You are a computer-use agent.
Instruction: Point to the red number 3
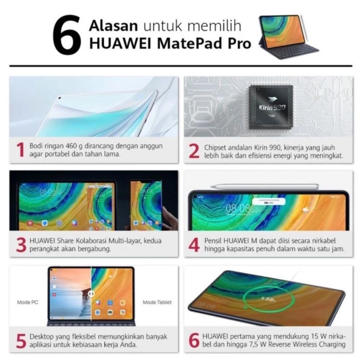pos(20,244)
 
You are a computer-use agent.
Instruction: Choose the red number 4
pos(194,244)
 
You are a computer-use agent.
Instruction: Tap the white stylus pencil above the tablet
pos(265,186)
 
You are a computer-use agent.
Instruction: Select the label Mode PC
pos(26,302)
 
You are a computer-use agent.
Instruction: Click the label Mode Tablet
pos(157,302)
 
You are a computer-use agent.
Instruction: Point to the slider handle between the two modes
pos(91,294)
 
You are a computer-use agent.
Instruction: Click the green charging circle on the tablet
pos(265,300)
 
